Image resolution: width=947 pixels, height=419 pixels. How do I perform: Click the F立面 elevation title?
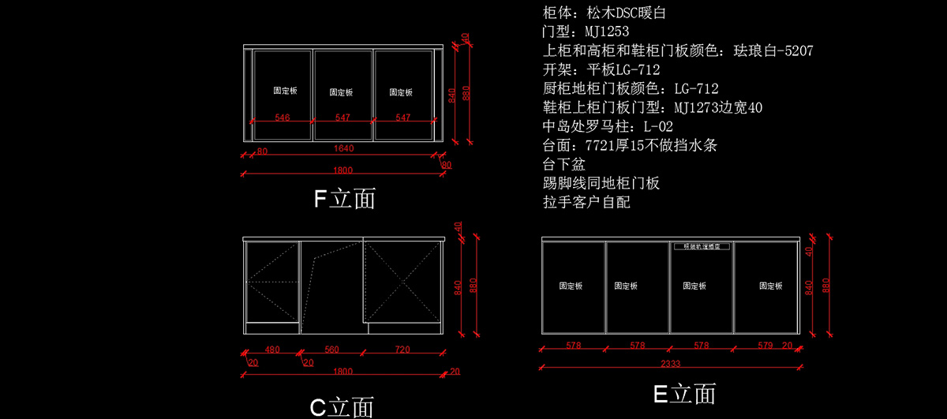344,198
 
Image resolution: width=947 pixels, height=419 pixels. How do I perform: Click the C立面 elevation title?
341,407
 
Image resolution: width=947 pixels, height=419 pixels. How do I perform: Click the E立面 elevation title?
684,393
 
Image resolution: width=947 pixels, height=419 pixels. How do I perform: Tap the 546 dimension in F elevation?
282,118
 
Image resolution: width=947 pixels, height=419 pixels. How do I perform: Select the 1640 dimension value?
343,148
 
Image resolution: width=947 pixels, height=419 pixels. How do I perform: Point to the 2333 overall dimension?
670,364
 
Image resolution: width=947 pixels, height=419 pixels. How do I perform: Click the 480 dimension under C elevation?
272,350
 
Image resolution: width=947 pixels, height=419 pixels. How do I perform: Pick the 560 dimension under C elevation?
331,350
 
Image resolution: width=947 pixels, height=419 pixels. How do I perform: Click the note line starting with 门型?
586,32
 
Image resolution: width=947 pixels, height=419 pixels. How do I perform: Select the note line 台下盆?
563,165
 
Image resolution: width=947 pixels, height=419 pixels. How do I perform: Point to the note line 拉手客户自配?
587,203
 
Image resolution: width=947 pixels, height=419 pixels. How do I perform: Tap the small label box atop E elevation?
702,246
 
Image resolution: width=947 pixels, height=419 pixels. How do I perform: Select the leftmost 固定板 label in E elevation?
571,286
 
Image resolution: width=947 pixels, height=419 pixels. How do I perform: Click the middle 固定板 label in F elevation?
342,92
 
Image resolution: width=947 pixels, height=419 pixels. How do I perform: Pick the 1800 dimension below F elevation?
343,170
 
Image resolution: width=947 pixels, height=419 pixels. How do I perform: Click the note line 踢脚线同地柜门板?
601,184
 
